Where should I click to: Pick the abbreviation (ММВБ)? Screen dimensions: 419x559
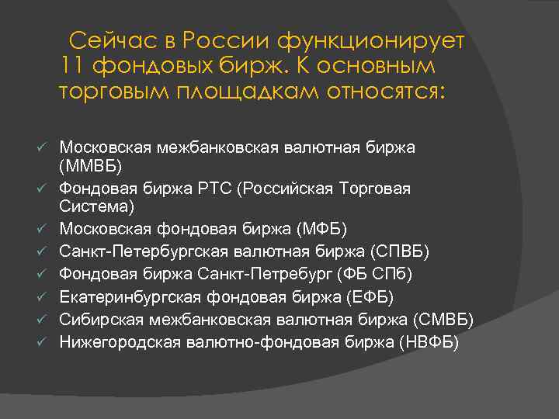coord(91,167)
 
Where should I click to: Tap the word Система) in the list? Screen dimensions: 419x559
coord(96,207)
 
